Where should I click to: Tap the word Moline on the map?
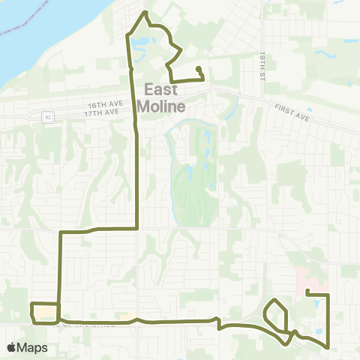coord(160,106)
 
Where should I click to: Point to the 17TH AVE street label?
coord(102,112)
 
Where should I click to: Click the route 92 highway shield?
coord(48,116)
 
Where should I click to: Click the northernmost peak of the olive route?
coord(145,13)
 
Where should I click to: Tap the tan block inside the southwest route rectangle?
coord(45,310)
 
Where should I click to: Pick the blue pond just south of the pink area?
coord(317,304)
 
